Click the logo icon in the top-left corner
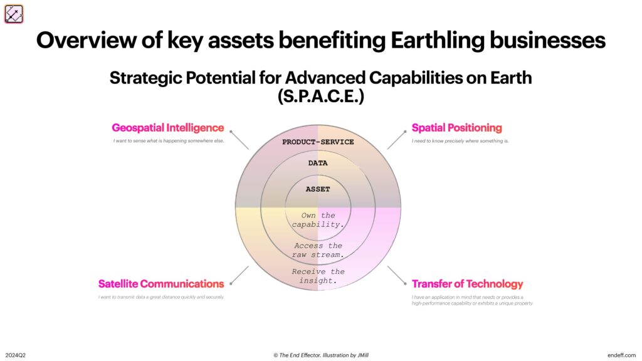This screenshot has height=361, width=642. (14, 14)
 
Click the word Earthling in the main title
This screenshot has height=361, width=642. (436, 40)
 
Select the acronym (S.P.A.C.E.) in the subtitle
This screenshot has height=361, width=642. (320, 98)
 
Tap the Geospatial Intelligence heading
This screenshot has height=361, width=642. (167, 128)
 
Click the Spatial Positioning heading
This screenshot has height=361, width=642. (456, 128)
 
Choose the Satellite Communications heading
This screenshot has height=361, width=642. (161, 284)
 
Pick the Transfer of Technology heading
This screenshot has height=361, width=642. (467, 284)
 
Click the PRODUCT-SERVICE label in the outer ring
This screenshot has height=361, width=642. (318, 142)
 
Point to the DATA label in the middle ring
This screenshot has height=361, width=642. (318, 163)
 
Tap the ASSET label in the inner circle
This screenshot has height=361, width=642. (318, 189)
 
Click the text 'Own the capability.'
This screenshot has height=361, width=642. (318, 219)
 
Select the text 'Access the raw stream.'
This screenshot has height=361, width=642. (318, 250)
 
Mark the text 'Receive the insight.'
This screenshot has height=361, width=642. (318, 276)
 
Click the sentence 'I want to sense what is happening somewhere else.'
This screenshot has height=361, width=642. (169, 141)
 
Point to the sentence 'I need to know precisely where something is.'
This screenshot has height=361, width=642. (460, 141)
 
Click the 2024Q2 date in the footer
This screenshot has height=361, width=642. (16, 355)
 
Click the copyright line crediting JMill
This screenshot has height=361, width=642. (320, 355)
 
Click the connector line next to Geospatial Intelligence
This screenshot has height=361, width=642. (239, 140)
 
